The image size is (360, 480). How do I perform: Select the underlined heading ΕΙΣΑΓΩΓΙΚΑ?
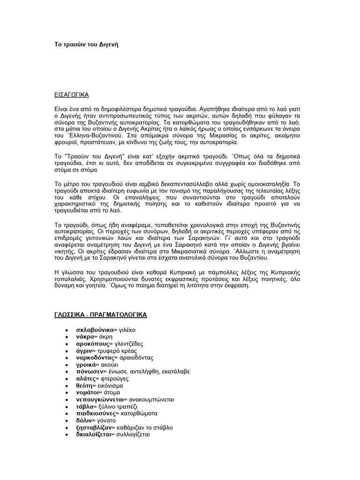(x=70, y=94)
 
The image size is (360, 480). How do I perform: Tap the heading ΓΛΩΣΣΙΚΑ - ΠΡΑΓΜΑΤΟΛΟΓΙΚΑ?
(x=100, y=315)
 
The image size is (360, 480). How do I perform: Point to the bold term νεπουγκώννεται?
(x=97, y=400)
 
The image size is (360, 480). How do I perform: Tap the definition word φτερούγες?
(x=112, y=379)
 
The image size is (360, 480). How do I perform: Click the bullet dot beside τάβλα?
(x=68, y=407)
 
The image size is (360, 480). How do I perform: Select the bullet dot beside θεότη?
(x=68, y=386)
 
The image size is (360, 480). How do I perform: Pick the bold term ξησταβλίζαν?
(x=93, y=427)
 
